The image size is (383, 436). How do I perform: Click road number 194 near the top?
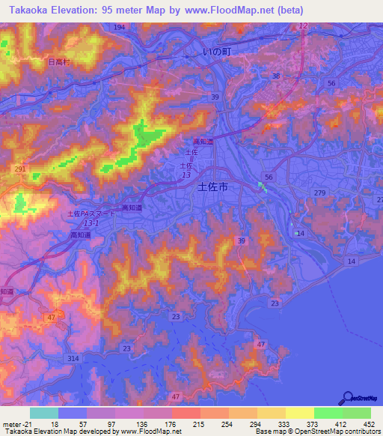point(120,27)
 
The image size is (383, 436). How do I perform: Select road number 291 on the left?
point(19,170)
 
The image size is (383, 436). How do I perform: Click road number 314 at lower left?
point(73,360)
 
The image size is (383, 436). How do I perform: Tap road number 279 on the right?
point(320,193)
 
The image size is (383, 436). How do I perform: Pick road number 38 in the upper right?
point(276,76)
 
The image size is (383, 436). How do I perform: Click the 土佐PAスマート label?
point(92,214)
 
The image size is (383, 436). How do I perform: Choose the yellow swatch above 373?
point(299,413)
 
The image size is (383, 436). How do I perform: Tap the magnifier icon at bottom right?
point(349,399)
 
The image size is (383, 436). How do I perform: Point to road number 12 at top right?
point(302,26)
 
